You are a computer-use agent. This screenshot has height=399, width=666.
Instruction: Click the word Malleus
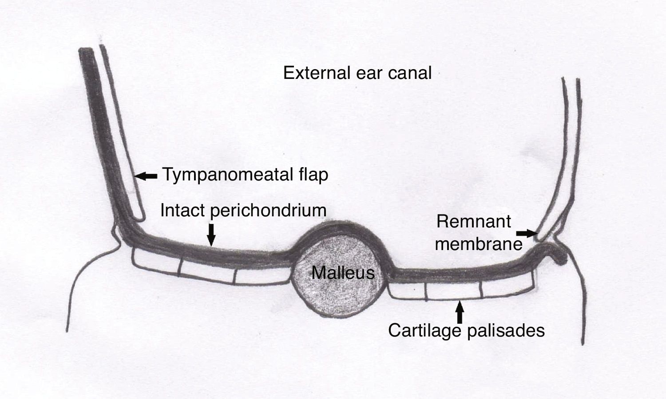pos(343,272)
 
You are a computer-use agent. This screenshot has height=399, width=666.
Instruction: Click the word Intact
pos(182,210)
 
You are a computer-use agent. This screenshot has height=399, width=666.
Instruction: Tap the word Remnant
pos(473,221)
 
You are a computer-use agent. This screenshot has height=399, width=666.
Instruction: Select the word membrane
pos(479,244)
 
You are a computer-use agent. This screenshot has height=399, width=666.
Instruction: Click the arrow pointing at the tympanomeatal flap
pos(146,176)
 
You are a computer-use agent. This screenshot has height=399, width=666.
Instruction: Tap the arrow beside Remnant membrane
pos(527,232)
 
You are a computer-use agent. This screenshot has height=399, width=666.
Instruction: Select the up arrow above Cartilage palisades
pos(460,312)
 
